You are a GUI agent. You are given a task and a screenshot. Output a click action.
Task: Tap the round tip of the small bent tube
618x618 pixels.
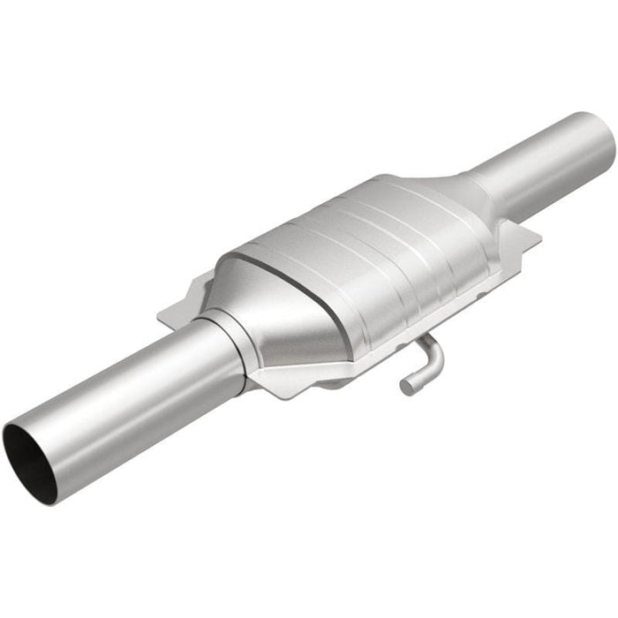406,386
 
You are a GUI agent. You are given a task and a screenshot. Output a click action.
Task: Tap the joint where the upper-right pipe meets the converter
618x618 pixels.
481,190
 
